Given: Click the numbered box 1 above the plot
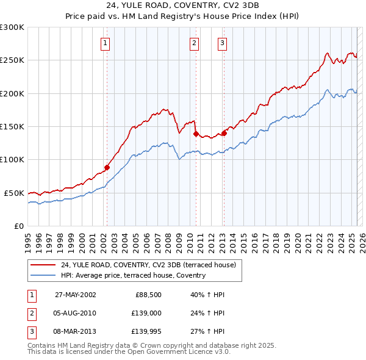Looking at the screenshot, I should [x=106, y=43].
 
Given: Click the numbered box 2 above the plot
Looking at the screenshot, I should [x=194, y=43].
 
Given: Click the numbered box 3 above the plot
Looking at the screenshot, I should [x=222, y=43].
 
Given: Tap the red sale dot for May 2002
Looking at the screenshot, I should [x=107, y=167].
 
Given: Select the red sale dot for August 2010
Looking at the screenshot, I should [x=196, y=134].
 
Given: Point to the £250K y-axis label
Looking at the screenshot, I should [x=12, y=60].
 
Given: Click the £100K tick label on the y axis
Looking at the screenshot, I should [x=12, y=159].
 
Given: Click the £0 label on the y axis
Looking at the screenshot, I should [x=19, y=226].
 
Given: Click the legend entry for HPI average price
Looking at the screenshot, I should [x=133, y=275].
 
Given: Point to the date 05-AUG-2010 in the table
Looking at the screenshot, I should [x=75, y=313].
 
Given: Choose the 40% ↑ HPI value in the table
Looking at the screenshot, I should [x=203, y=295].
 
